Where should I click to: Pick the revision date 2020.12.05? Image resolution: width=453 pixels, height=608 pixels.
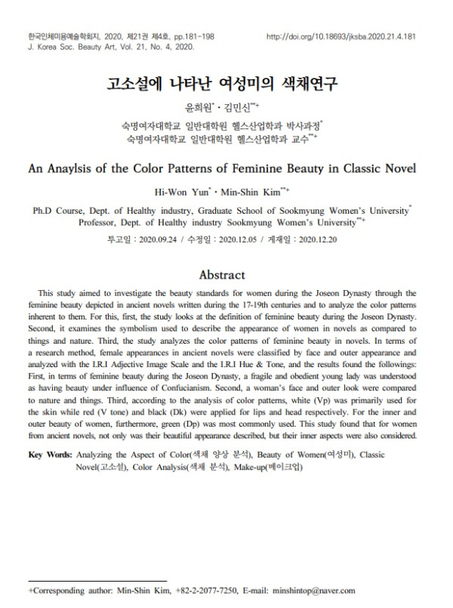coord(239,239)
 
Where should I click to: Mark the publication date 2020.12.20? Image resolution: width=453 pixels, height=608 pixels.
coord(317,239)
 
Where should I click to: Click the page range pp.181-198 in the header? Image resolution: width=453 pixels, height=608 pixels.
coord(180,36)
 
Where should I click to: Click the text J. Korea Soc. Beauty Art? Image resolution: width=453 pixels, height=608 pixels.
coord(63,46)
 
